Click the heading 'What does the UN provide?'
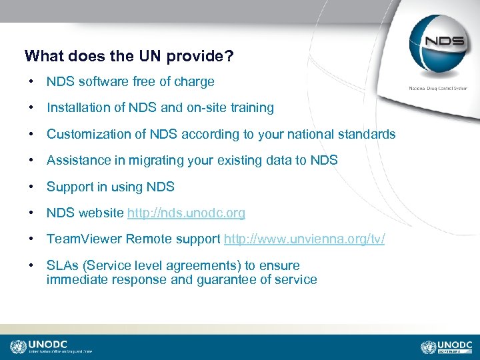click(129, 56)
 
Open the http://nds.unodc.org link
click(186, 213)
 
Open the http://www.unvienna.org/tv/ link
click(305, 239)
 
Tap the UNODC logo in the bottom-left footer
click(51, 347)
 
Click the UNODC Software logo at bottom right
click(447, 347)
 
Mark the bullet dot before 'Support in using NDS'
click(31, 187)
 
